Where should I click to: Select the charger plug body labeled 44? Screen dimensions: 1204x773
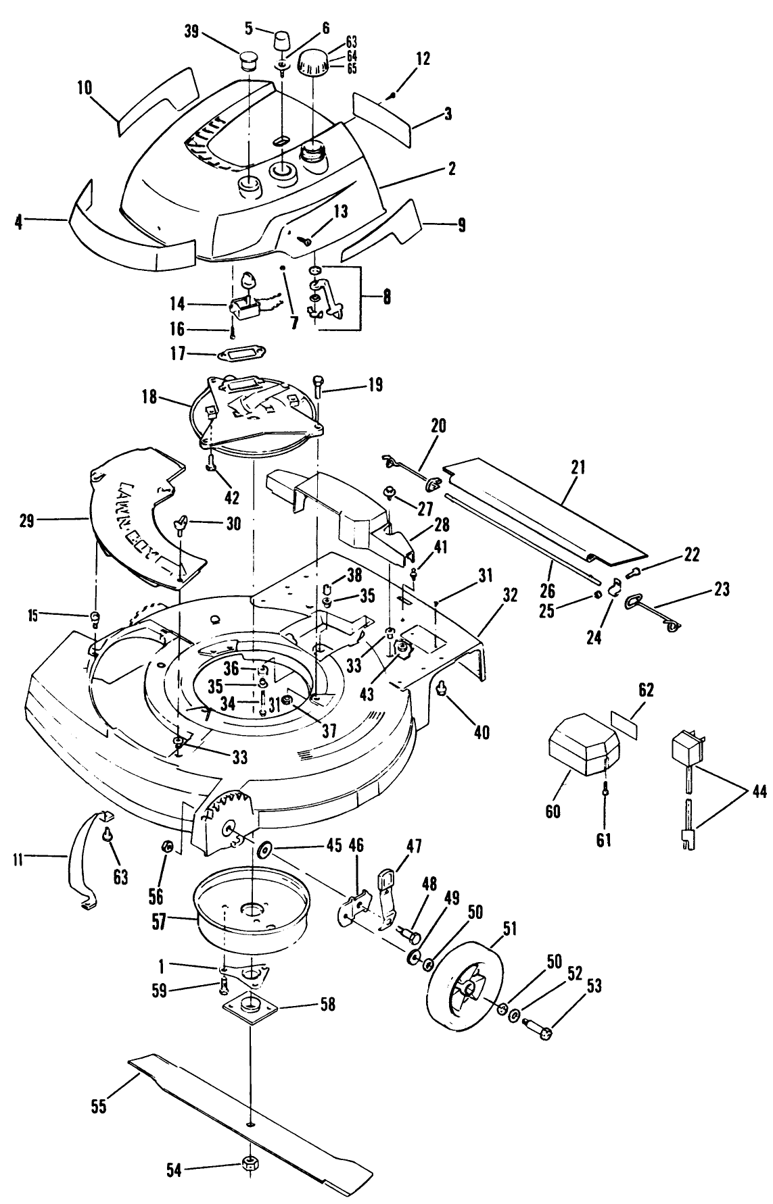pyautogui.click(x=685, y=748)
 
